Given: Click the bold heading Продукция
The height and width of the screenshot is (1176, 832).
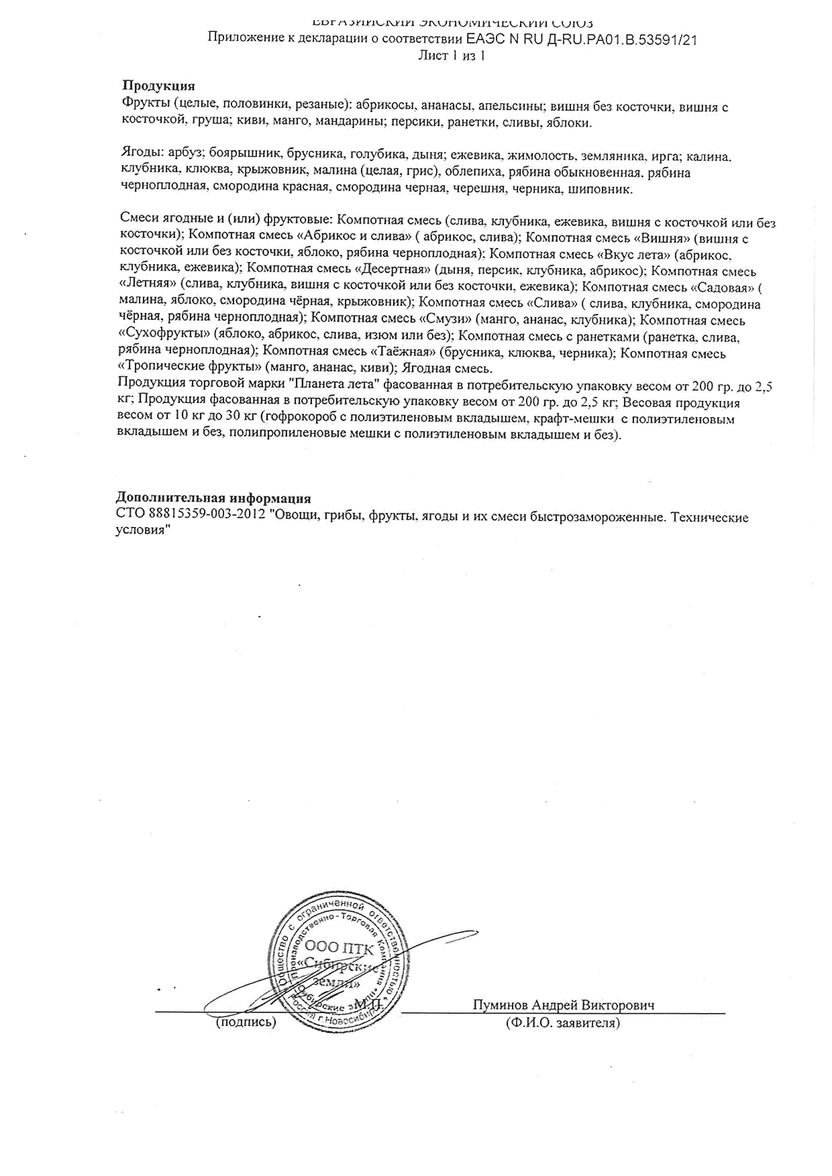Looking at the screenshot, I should point(158,86).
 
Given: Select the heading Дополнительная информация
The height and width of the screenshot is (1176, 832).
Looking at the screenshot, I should point(213,498).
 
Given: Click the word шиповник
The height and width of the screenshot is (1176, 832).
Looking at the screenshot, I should point(599,189).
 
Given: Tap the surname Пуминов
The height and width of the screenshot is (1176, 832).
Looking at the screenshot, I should point(499,1005).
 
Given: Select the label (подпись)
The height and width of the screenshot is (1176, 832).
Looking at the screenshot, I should point(246,1022).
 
